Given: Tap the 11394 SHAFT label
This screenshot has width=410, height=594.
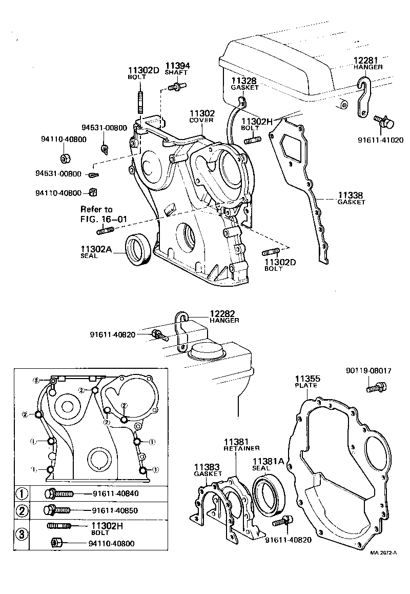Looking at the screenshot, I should click(177, 69).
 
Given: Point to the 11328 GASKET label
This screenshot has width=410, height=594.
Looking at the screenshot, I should click(245, 84).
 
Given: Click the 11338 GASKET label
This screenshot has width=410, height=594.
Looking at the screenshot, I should click(351, 198).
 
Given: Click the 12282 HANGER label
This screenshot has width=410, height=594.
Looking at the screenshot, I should click(224, 316).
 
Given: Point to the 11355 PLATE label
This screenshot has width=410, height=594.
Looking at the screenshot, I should click(306, 381).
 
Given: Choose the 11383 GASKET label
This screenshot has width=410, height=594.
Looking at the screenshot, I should click(208, 470).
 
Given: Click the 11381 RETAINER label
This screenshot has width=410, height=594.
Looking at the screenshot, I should click(241, 444).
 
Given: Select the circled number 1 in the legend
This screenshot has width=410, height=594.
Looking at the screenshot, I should click(22, 494).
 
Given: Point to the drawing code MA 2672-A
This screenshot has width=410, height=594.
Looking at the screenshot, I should click(384, 553).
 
